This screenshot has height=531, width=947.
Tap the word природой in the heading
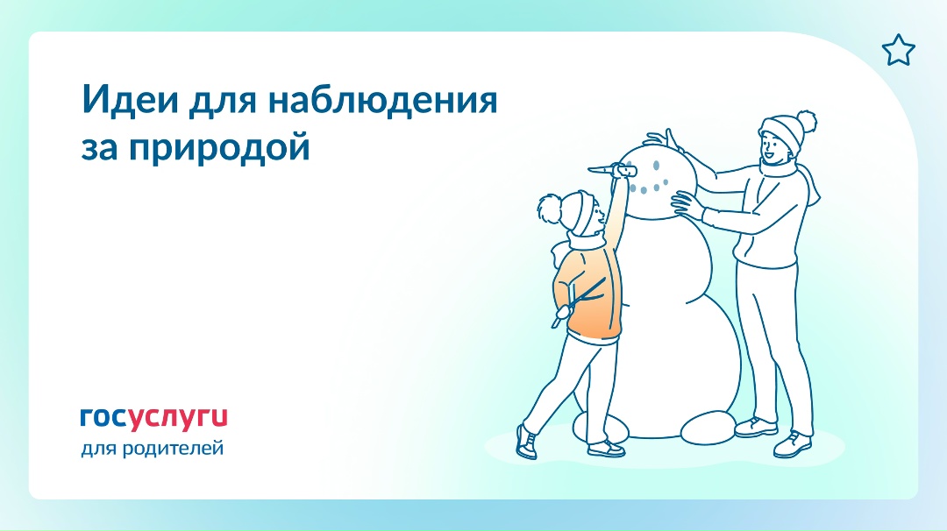pos(218,146)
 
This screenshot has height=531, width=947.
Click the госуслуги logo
pos(153,417)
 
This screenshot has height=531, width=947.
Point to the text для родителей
pos(152,450)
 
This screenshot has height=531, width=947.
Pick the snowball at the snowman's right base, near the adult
pos(708,430)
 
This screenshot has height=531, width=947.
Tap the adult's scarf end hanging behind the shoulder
pos(810,188)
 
